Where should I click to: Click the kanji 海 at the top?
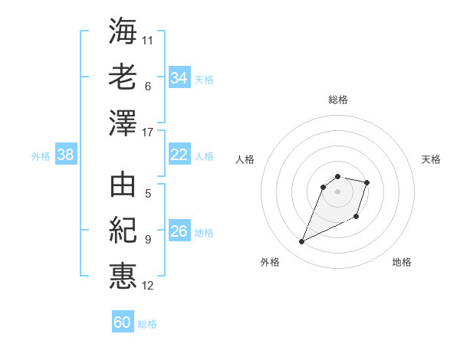click(x=123, y=31)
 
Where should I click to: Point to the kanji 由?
click(x=123, y=185)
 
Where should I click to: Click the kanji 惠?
click(x=123, y=276)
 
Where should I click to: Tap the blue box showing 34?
click(x=179, y=78)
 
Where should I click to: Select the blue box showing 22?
click(x=179, y=155)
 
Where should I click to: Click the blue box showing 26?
click(x=179, y=231)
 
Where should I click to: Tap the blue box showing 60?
click(x=123, y=322)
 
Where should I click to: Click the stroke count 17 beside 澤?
click(x=148, y=133)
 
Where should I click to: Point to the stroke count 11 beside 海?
click(x=148, y=39)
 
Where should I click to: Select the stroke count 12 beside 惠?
click(x=148, y=286)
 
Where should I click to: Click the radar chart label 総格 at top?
click(x=338, y=100)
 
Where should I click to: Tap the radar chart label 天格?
click(x=431, y=159)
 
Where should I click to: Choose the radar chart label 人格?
click(x=245, y=159)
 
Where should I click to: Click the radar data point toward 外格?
click(x=302, y=242)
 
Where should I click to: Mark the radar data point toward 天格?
click(x=367, y=182)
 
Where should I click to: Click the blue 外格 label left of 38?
click(x=41, y=156)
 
